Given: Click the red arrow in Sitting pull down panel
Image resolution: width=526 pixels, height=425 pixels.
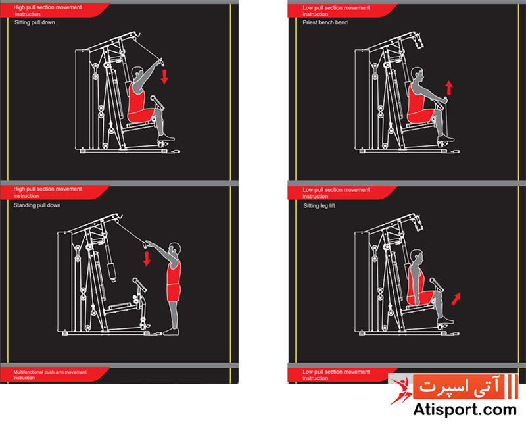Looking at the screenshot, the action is tap(164, 77).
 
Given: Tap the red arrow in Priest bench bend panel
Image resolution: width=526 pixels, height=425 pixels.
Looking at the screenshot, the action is tap(449, 87).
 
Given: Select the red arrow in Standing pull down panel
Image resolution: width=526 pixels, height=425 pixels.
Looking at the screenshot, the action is tap(147, 259).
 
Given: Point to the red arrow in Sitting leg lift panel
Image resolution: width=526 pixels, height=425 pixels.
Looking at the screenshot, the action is tap(456, 299).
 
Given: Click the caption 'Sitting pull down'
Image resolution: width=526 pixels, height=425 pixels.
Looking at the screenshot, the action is tap(35, 22).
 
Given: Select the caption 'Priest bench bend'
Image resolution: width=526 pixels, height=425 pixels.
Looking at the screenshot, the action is tap(325, 22).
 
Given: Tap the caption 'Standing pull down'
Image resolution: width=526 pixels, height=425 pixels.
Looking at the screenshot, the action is tap(37, 205).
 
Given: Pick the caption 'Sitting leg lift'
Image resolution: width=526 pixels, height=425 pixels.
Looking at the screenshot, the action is tap(319, 205).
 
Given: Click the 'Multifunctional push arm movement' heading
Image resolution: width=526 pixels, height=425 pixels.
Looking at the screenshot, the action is tap(50, 372).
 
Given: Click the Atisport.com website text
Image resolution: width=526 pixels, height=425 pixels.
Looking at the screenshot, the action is tap(465, 410).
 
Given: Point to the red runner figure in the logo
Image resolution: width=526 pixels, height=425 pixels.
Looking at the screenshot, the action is tap(400, 390).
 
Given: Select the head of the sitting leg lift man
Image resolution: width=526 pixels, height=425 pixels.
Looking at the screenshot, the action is tap(417, 257).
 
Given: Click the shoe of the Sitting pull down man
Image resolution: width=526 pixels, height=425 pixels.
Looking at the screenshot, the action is tap(166, 137).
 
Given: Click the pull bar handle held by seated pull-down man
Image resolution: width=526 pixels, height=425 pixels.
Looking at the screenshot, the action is tap(160, 62).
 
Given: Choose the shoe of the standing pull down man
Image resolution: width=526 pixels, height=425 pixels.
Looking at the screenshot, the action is tap(171, 332).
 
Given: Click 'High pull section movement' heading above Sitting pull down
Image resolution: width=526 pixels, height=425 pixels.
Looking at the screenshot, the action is tap(47, 7).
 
